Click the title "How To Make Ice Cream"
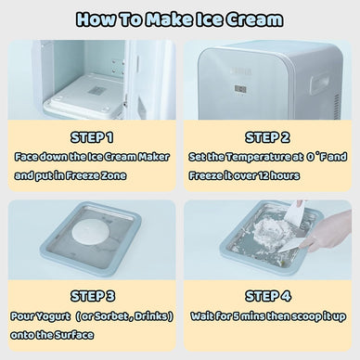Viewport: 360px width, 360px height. [180, 19]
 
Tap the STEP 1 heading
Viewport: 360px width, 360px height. [91, 136]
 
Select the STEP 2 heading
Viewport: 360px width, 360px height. [269, 136]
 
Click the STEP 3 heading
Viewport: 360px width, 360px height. [91, 296]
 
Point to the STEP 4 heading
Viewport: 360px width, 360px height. [269, 296]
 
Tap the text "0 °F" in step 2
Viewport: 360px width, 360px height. [315, 157]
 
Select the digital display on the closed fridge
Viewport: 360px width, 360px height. [240, 89]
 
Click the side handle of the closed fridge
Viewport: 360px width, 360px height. [327, 84]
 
